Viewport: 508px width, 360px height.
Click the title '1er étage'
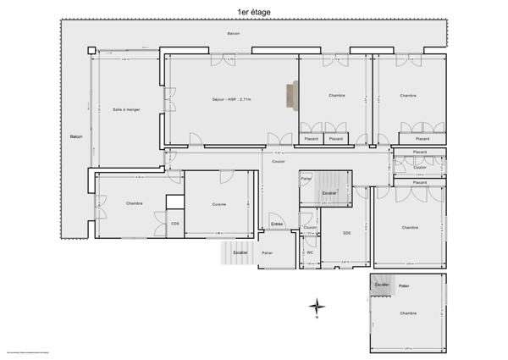[255, 13]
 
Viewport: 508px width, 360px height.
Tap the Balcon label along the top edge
[233, 34]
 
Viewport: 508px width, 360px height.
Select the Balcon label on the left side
[76, 136]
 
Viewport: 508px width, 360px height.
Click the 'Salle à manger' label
[126, 109]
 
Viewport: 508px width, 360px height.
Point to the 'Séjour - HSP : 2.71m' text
[231, 100]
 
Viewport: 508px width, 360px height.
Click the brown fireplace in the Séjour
[293, 96]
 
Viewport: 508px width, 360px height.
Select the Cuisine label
[219, 204]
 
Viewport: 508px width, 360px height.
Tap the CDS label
[175, 224]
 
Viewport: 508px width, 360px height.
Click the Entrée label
[276, 224]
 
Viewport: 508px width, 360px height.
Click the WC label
[310, 252]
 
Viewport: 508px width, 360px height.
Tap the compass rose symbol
[316, 306]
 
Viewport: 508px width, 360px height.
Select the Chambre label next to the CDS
[134, 203]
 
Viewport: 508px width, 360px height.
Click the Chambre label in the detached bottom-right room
[409, 313]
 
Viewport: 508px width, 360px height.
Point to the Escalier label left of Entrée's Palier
[240, 252]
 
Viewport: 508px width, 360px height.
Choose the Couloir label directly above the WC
[310, 228]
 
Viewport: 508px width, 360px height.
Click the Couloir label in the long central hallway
[278, 160]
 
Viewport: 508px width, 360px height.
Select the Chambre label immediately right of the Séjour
[337, 96]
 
